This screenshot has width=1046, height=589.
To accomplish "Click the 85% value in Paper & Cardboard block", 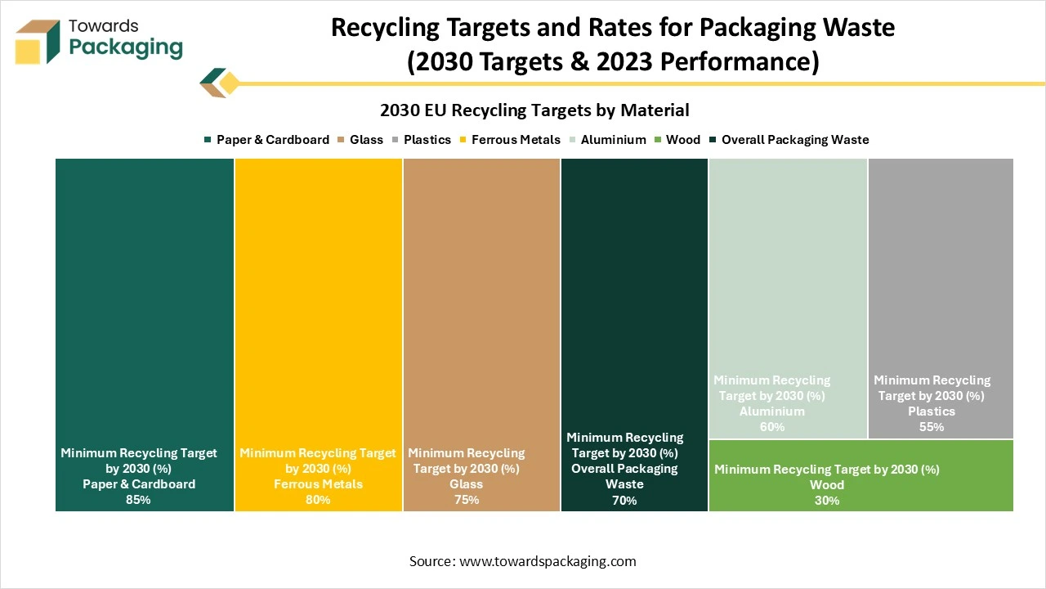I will click(138, 500).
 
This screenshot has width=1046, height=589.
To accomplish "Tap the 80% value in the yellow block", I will click(318, 500).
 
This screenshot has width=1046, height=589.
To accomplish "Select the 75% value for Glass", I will click(466, 500).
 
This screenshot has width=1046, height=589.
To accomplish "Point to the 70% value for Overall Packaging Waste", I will click(624, 500).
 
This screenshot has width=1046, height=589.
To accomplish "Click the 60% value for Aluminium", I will click(771, 427).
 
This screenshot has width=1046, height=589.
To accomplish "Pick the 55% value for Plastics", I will click(932, 427).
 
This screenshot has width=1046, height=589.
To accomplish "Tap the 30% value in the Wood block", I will click(827, 501).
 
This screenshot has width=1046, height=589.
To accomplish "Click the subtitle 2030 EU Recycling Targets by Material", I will click(534, 110).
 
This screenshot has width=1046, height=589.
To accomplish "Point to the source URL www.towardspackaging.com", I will click(548, 561).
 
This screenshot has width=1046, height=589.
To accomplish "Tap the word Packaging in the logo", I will click(126, 47).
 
